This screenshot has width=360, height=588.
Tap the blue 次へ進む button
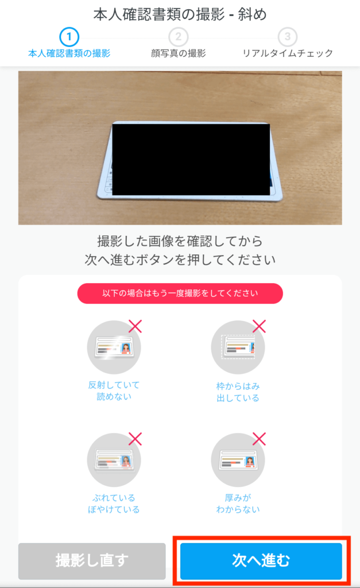tap(261, 560)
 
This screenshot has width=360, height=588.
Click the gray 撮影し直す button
tap(92, 560)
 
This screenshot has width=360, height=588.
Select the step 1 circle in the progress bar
tap(69, 37)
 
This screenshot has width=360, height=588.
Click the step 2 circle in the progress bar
tap(178, 37)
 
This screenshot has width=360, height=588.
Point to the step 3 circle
tap(287, 37)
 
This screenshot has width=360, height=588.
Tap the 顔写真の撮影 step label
tap(178, 53)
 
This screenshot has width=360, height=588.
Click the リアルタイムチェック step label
tap(288, 53)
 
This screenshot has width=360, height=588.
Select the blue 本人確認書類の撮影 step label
tap(69, 53)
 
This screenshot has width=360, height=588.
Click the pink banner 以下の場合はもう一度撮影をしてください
tap(180, 293)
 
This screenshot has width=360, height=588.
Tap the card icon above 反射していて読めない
tap(114, 347)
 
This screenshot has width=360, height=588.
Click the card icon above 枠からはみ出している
tap(238, 347)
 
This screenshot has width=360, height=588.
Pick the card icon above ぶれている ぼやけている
tap(114, 460)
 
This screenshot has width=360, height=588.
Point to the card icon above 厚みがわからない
tap(238, 460)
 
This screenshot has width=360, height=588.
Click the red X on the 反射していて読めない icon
tap(136, 326)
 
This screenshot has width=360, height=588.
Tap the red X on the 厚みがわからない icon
tap(259, 439)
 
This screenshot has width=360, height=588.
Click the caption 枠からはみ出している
tap(238, 392)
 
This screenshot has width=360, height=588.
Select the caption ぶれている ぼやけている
tap(114, 504)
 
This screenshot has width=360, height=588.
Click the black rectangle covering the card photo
tap(191, 160)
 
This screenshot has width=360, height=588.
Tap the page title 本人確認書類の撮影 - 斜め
tap(180, 14)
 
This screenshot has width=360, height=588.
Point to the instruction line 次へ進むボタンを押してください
tap(180, 260)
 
